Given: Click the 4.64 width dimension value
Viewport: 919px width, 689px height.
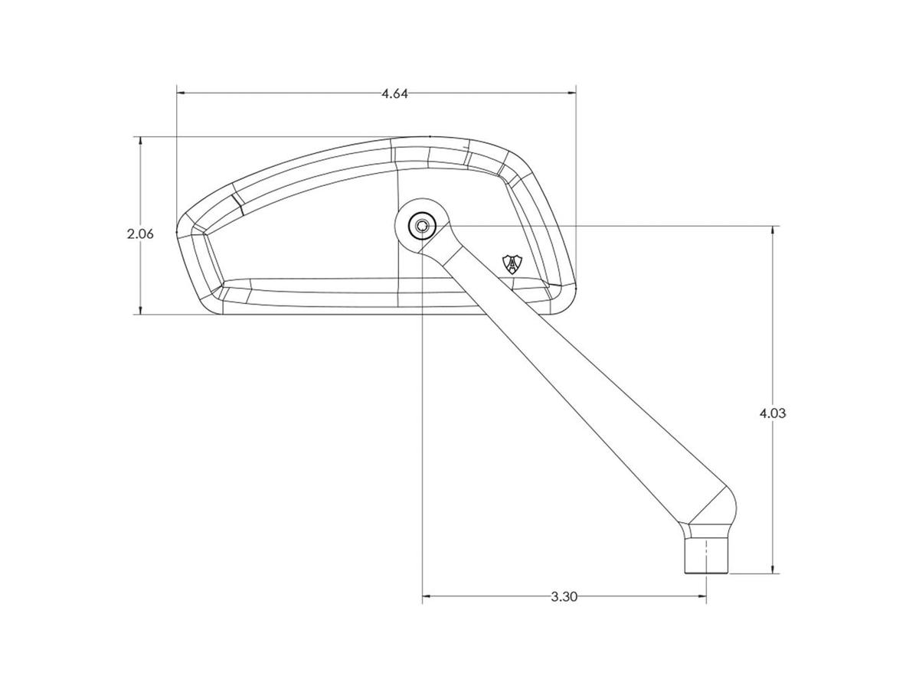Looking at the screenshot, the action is point(394,93).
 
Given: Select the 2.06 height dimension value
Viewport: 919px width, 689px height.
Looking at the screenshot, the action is point(140,233).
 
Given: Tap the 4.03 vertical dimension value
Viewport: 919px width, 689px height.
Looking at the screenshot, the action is point(773,413).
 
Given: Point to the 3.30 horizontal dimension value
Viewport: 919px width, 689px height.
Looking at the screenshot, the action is point(564,596).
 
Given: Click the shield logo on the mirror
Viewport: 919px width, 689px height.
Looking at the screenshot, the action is point(512,264).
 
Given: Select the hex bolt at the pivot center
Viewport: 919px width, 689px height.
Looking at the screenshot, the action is point(422,227).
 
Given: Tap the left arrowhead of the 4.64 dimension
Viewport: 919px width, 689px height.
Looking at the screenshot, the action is point(182,93).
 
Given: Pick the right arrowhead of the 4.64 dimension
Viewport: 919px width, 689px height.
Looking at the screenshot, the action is point(571,93).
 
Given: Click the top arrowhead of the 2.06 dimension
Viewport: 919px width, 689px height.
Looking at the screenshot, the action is point(141,142).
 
